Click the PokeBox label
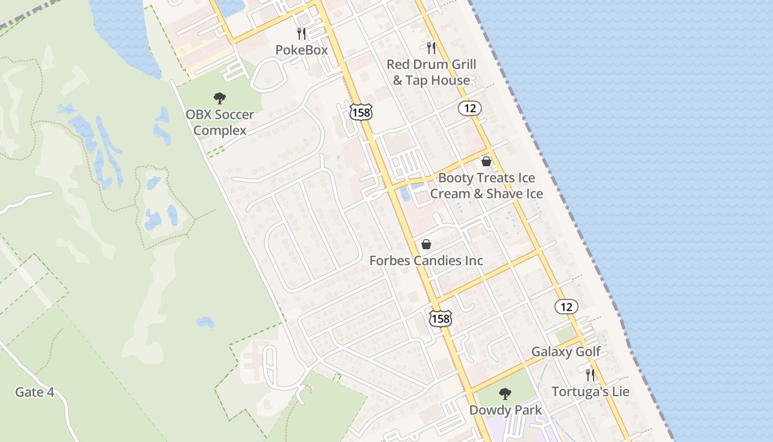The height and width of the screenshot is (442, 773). [x=301, y=50]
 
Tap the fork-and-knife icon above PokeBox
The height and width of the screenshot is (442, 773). [x=301, y=34]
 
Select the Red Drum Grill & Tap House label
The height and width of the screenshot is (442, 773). [x=431, y=72]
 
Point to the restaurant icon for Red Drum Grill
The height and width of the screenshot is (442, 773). [x=431, y=48]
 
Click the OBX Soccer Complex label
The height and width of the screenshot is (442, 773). [x=220, y=123]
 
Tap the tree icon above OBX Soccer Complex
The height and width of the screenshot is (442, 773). [x=220, y=99]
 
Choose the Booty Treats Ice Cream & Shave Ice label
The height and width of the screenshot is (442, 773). [x=486, y=186]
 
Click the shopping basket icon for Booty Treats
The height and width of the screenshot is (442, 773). [x=486, y=161]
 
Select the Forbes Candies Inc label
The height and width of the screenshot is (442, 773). [x=426, y=261]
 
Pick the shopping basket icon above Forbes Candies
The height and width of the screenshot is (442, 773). [x=426, y=244]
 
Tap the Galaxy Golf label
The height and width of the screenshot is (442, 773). [x=566, y=352]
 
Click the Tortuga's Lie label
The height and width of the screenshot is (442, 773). [x=590, y=392]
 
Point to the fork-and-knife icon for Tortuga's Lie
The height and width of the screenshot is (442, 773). [x=590, y=375]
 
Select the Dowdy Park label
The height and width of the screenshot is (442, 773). [x=505, y=410]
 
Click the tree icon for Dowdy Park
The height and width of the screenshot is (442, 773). [x=505, y=394]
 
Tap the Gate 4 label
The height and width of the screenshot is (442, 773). [x=35, y=392]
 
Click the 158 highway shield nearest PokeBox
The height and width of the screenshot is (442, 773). [x=361, y=112]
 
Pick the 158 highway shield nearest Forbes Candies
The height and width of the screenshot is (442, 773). [x=441, y=318]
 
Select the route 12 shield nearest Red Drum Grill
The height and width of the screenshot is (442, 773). [x=470, y=108]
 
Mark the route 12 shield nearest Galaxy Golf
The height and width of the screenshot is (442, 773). [x=566, y=307]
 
